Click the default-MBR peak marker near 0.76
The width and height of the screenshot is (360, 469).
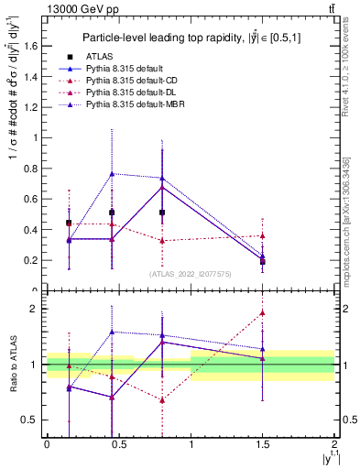point(112,173)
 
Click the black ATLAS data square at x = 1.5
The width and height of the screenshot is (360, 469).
point(263,262)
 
